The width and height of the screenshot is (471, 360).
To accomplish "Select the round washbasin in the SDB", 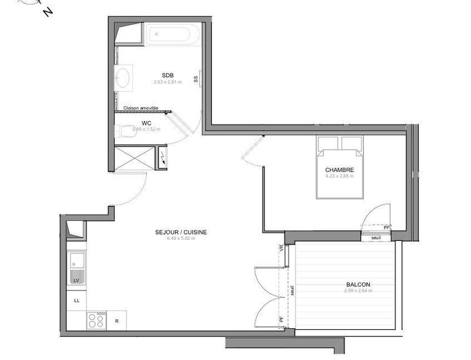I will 124,77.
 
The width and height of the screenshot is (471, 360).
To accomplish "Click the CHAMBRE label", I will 339,170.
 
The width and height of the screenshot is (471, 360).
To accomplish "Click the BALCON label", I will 358,285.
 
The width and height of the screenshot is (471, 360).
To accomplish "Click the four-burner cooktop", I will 97,321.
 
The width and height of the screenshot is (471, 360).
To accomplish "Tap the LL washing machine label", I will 77,300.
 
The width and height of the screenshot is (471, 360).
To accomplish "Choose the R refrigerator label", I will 117,321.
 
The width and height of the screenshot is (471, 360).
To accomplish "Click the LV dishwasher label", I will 75,281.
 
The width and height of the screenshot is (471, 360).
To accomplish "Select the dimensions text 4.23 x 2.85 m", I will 339,176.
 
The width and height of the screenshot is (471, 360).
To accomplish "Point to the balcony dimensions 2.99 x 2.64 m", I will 358,291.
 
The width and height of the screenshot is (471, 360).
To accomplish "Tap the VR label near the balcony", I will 281,250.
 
